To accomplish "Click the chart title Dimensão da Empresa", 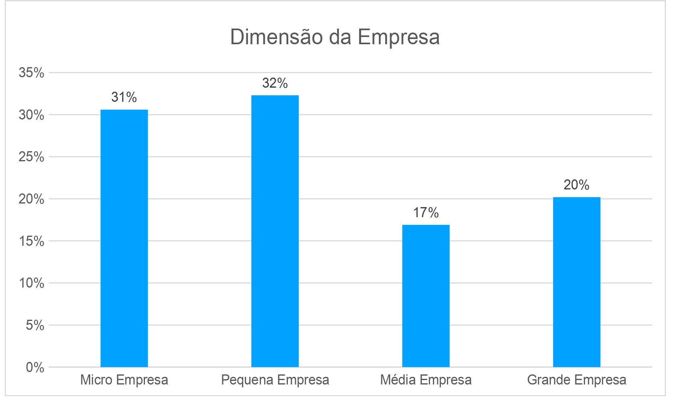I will coord(335,37).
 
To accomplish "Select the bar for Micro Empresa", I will coord(124,238).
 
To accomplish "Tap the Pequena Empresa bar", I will coord(275,231).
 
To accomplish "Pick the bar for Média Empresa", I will coord(426,296).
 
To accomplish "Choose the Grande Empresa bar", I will coord(577,282).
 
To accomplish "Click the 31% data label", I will coord(124,97).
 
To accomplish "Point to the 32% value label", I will coord(275,83).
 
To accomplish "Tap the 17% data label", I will coord(426,213).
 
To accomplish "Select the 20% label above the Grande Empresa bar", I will coord(577,185).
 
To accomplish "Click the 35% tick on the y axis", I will coord(31,73).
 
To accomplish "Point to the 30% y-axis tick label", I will coord(31,115).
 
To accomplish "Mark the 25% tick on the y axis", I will coord(31,157).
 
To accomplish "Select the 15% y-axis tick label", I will coord(31,241).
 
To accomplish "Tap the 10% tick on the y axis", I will coord(31,283).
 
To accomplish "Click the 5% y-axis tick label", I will coord(35,325).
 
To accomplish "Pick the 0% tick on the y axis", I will coord(35,367).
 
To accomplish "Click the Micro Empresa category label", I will coord(124,380).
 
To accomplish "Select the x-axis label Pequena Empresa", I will coord(275,380).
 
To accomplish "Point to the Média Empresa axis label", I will coord(426,380).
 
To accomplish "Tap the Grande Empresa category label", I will coord(577,380).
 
